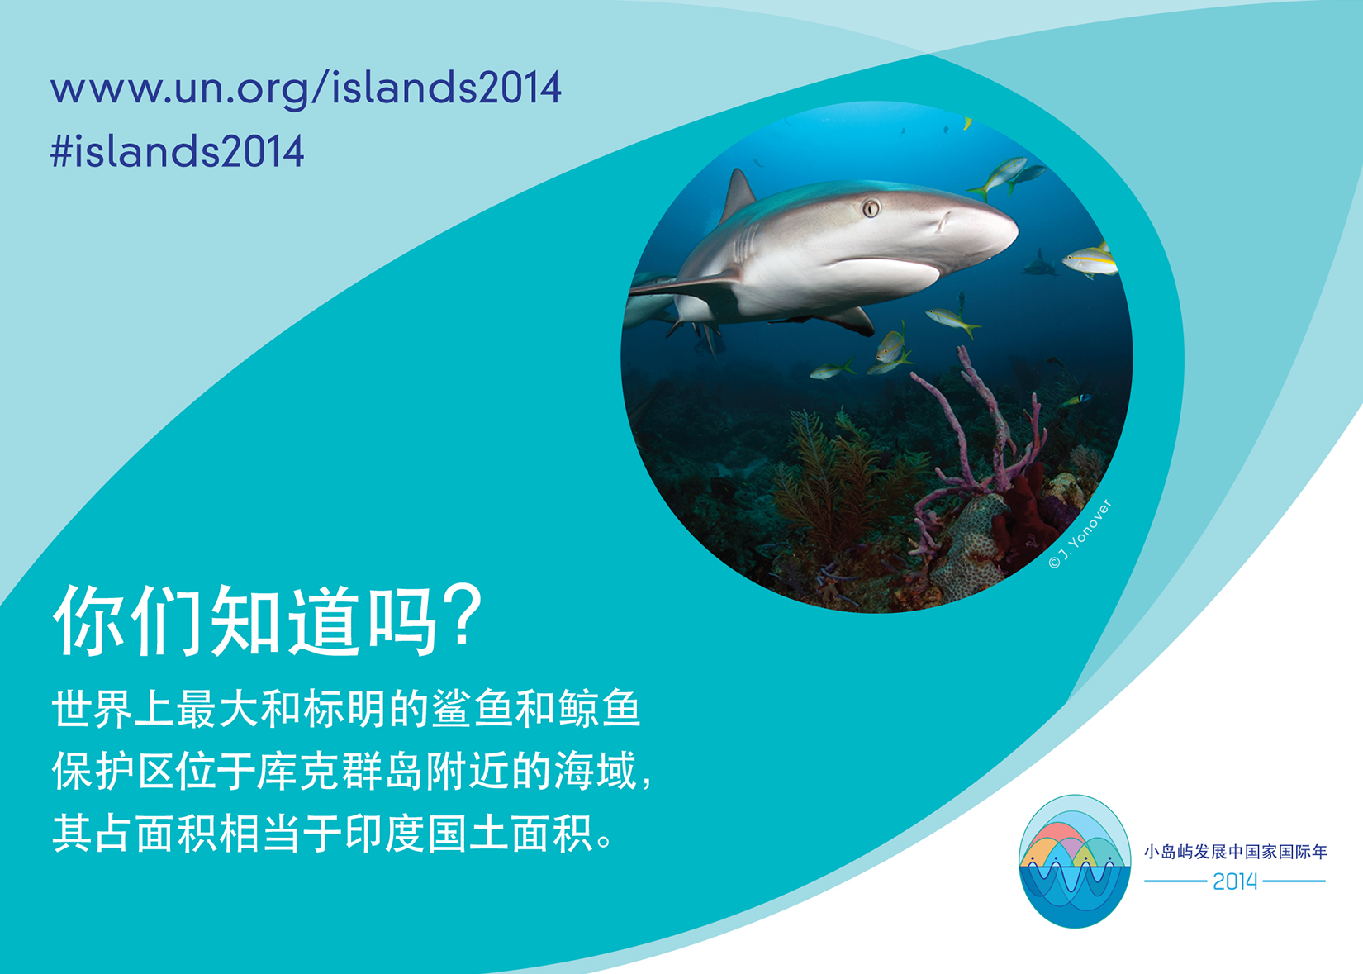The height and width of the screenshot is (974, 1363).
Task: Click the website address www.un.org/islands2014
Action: pyautogui.click(x=306, y=89)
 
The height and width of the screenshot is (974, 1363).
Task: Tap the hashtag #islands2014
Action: pyautogui.click(x=177, y=151)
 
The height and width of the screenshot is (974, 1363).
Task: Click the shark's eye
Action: pyautogui.click(x=871, y=209)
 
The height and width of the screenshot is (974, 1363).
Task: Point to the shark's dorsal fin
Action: pyautogui.click(x=738, y=195)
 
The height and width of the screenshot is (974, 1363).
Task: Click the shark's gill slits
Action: pyautogui.click(x=744, y=244)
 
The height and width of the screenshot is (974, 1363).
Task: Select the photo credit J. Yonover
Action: pyautogui.click(x=1080, y=534)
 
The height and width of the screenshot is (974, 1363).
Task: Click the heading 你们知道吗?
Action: pyautogui.click(x=268, y=620)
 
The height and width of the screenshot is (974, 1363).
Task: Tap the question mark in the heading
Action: pyautogui.click(x=462, y=615)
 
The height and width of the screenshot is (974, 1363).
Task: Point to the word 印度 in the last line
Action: pyautogui.click(x=386, y=834)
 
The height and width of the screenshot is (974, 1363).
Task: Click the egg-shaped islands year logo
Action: pyautogui.click(x=1075, y=861)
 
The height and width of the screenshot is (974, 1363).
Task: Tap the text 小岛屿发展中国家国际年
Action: pyautogui.click(x=1235, y=852)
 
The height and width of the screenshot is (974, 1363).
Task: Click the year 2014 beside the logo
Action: pyautogui.click(x=1235, y=881)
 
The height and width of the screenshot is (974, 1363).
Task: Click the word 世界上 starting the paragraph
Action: pyautogui.click(x=113, y=708)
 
